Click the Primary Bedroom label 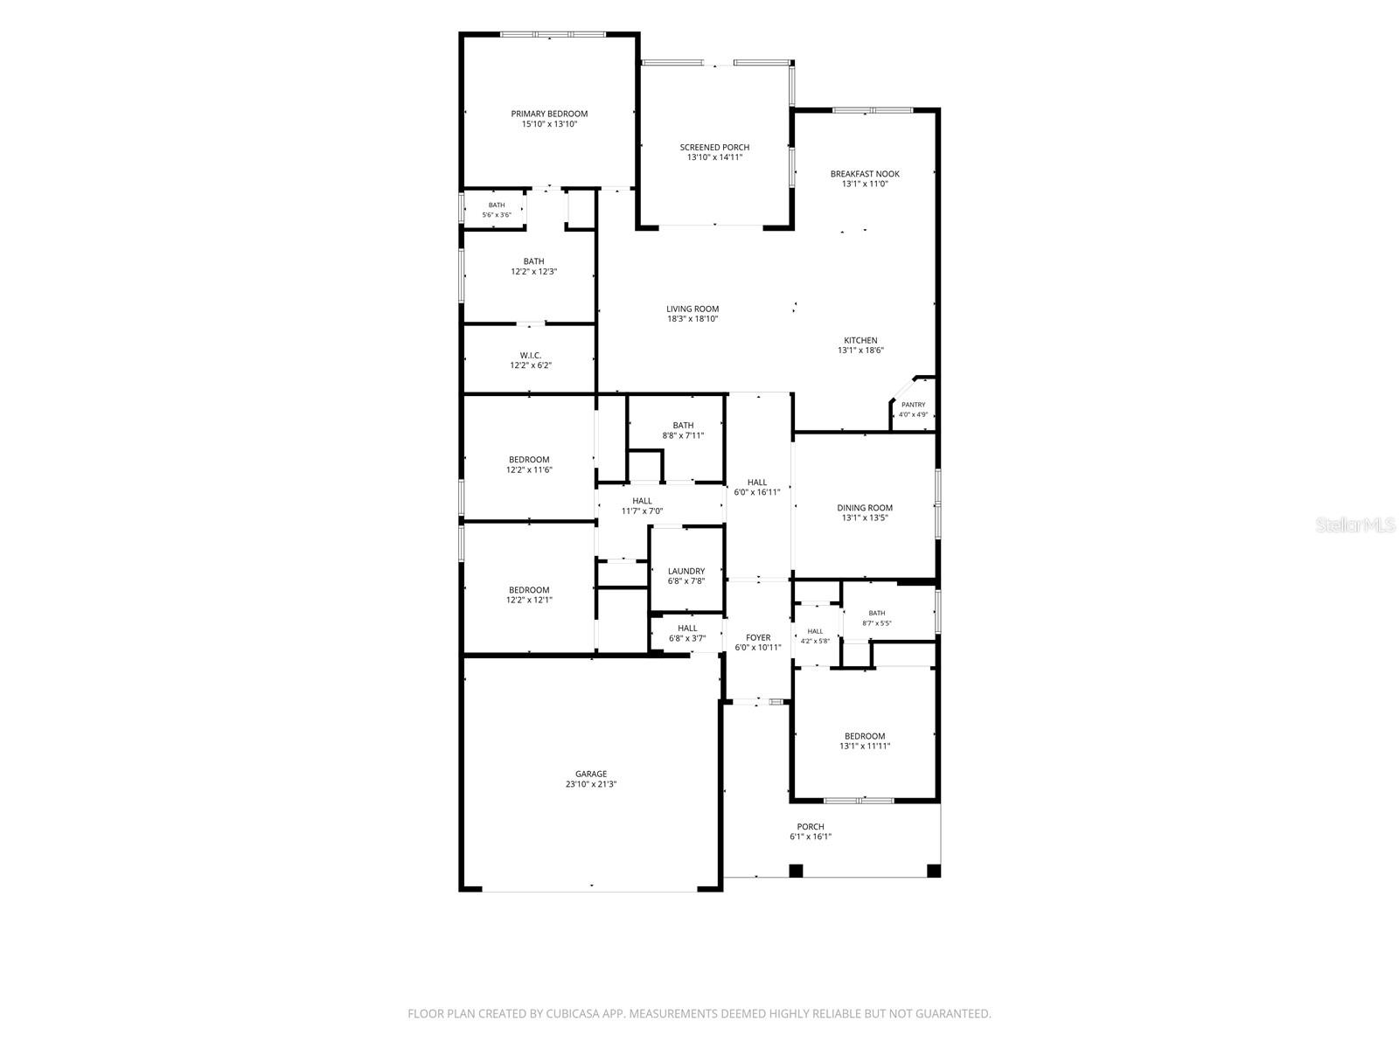click(549, 114)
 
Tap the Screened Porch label click(713, 147)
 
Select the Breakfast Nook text click(864, 174)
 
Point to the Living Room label click(693, 309)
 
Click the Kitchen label click(860, 341)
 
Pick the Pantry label click(913, 405)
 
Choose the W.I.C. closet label click(530, 356)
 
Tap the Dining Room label click(864, 508)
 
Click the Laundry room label click(686, 572)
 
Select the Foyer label click(758, 637)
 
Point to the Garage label click(591, 774)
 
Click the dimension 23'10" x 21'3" click(591, 784)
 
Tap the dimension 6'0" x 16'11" click(756, 492)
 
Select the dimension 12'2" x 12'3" click(533, 271)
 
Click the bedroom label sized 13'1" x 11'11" click(864, 736)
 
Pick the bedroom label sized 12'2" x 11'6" click(529, 460)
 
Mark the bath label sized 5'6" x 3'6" click(497, 205)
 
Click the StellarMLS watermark click(1355, 524)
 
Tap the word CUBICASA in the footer click(572, 1013)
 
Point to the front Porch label click(810, 827)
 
